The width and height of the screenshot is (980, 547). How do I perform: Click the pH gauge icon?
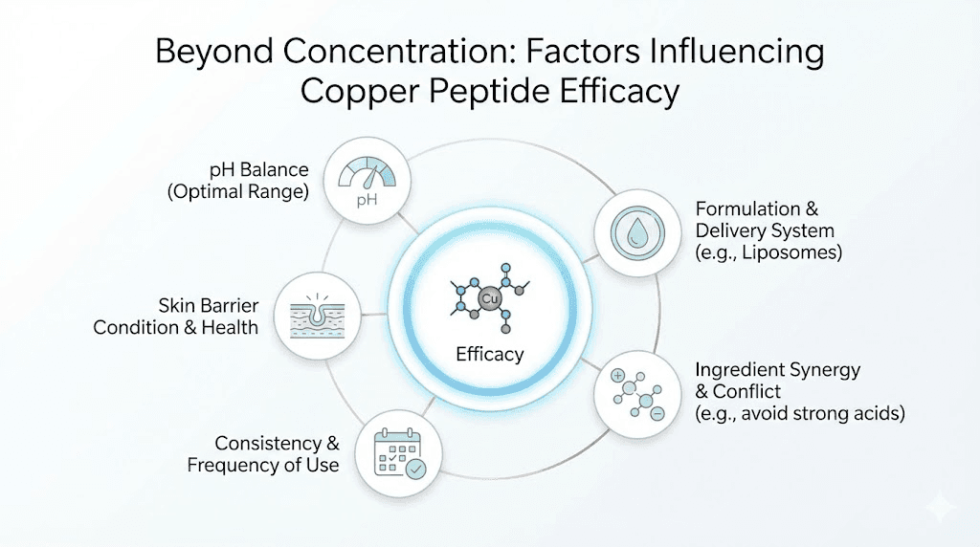pyautogui.click(x=367, y=181)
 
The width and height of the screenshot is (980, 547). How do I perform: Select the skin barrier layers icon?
pyautogui.click(x=316, y=315)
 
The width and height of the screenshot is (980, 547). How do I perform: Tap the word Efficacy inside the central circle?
pyautogui.click(x=489, y=354)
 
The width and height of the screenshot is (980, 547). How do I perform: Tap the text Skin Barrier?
pyautogui.click(x=209, y=305)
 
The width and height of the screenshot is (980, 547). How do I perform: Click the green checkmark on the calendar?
pyautogui.click(x=415, y=469)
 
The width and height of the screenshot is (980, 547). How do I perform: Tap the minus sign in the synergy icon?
pyautogui.click(x=657, y=414)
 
